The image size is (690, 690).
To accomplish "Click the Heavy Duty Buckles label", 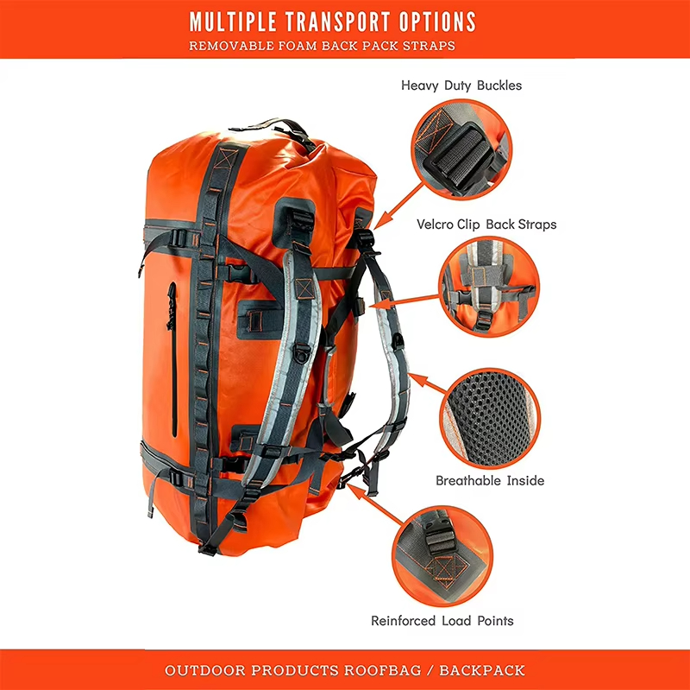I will pos(461,85).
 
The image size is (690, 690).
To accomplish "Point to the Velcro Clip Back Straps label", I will pos(486,225).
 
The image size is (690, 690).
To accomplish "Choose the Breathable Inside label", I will pos(490,480).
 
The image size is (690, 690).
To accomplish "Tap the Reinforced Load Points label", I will pos(442,621).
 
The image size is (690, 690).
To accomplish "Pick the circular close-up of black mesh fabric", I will pos(490,418).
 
